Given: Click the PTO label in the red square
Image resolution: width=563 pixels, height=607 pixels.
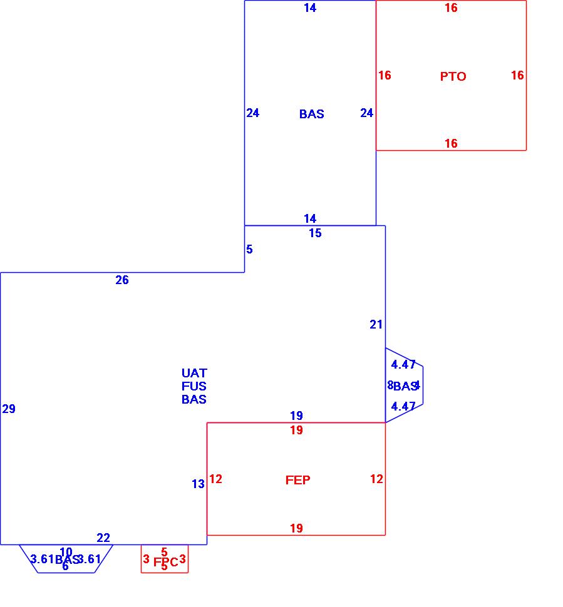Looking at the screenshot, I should (x=453, y=76).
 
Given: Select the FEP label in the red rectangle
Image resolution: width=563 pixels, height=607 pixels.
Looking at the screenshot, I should (x=297, y=480).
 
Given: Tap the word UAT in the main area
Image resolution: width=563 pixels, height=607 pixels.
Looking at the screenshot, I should (x=194, y=373).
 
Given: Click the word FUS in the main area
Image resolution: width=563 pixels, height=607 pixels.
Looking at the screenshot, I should (x=194, y=386).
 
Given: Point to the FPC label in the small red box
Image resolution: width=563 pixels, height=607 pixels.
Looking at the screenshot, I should (x=166, y=562).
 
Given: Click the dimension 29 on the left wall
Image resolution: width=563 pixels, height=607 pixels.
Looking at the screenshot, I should (x=9, y=409).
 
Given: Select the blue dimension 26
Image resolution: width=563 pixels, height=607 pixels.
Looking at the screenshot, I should (x=122, y=280).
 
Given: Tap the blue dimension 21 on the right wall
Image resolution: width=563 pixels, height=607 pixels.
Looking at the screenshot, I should (x=376, y=324).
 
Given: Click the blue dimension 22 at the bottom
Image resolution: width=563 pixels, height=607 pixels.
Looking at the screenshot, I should (x=103, y=538).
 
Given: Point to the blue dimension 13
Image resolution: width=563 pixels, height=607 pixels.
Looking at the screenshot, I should (x=198, y=484).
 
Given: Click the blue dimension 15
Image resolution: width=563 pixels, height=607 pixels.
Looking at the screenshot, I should (x=315, y=233).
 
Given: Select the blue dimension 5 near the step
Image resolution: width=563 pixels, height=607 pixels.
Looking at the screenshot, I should (x=249, y=249).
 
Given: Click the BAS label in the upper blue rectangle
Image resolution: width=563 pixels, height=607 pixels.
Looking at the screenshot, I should (x=311, y=114).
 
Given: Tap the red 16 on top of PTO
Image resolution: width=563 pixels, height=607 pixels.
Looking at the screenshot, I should (x=451, y=8).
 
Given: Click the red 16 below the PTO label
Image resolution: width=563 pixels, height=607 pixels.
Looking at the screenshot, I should (x=451, y=143).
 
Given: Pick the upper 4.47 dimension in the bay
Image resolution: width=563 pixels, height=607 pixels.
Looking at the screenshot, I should (x=403, y=364).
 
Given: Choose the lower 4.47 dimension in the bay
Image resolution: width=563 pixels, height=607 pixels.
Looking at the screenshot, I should (x=403, y=406).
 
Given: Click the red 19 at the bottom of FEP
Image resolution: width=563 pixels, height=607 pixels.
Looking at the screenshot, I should (x=296, y=528).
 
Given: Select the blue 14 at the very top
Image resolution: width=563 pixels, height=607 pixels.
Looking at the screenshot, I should (x=310, y=8).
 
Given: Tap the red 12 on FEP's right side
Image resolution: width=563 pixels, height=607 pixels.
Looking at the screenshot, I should (x=376, y=479).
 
